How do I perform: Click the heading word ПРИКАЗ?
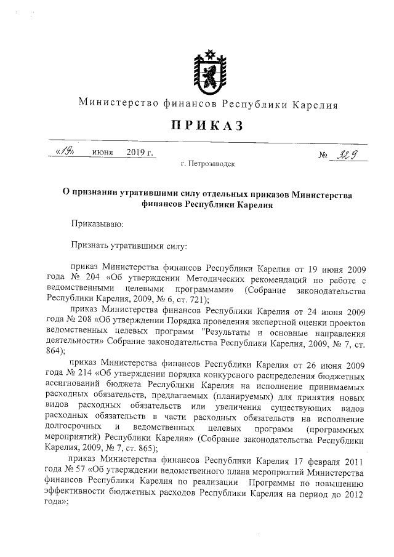tap(207, 126)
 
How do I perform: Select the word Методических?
tap(191, 279)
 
